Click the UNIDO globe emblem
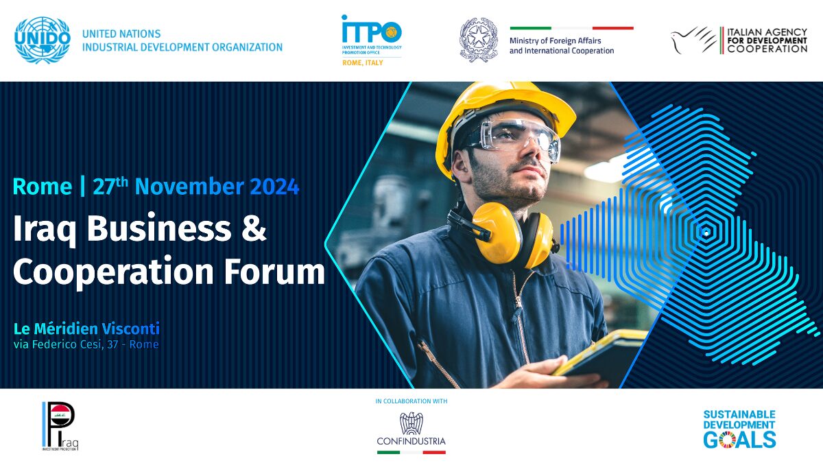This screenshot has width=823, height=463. coord(43,40)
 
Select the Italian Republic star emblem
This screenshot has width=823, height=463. coord(479,40)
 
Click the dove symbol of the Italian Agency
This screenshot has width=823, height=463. coord(693,40)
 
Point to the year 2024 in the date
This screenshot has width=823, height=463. coord(274,187)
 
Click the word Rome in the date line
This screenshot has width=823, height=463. coord(43,187)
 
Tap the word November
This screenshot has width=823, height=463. coord(189,187)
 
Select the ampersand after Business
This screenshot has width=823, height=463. coord(254,228)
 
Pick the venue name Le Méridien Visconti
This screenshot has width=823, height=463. coord(86,329)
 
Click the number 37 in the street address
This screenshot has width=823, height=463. coord(112,344)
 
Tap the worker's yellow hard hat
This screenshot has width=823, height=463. coord(503,117)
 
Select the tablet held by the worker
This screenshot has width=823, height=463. coord(603,355)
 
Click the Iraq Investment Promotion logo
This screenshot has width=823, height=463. coord(60,426)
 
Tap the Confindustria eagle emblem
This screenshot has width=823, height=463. coord(411,423)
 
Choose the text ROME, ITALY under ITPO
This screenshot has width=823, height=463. coord(363,63)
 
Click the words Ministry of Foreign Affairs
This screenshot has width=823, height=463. coord(555,40)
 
